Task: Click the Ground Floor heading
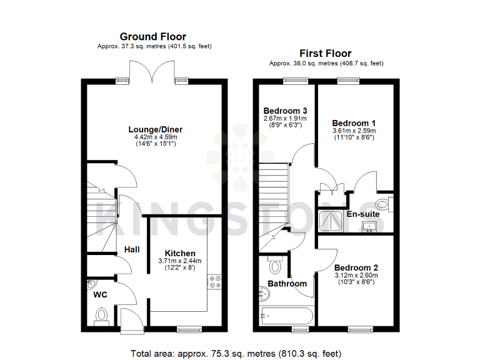point(152,37)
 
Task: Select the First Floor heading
point(325,54)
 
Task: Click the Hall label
point(131,249)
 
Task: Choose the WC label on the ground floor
point(101,294)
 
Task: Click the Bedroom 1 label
point(353,122)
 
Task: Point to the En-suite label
point(363,214)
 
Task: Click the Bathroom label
point(287,284)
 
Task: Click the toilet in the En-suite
point(386,202)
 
